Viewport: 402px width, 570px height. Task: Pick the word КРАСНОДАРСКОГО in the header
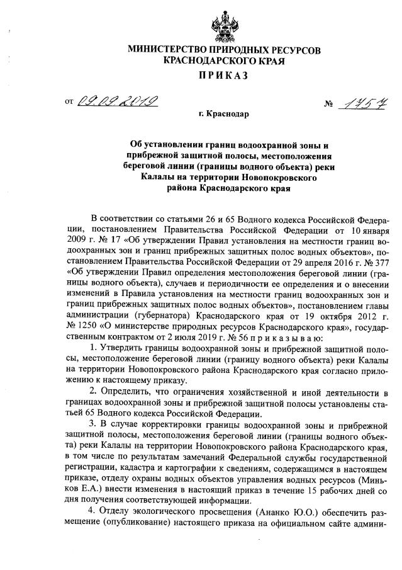click(200, 62)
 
